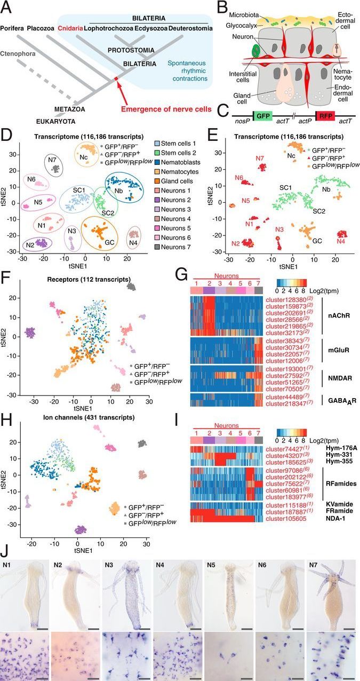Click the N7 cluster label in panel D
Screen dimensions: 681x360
(52, 160)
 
